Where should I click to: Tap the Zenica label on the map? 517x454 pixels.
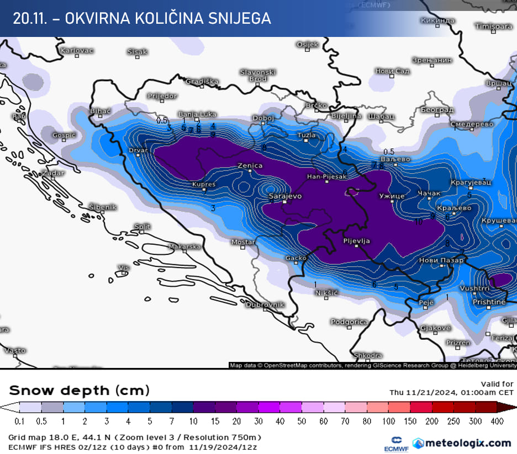click(x=250, y=165)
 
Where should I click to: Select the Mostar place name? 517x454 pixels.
click(x=243, y=242)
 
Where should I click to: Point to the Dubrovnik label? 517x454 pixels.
click(x=265, y=305)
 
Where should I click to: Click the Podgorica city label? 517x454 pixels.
click(x=349, y=322)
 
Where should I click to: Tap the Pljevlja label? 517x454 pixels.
click(x=357, y=241)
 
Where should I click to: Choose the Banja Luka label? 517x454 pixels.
click(x=197, y=114)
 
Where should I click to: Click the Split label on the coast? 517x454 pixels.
click(x=143, y=227)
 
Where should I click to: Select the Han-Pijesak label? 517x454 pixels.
click(x=328, y=177)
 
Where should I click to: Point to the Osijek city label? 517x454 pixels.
click(x=308, y=44)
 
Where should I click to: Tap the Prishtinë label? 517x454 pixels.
click(x=489, y=302)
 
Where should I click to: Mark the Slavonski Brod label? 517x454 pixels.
click(x=257, y=75)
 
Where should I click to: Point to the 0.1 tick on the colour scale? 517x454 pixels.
click(x=19, y=421)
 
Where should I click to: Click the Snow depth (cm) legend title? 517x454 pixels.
click(x=78, y=391)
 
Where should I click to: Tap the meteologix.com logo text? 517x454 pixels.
click(x=467, y=442)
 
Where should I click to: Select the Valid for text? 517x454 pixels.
click(x=497, y=384)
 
